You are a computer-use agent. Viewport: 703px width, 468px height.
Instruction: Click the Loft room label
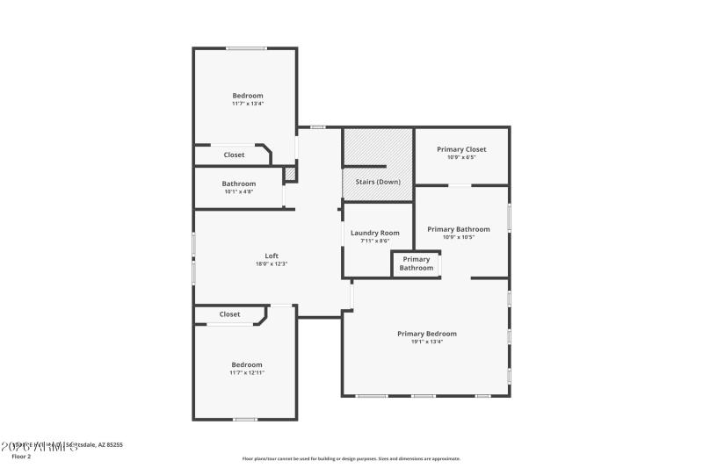pos(272,256)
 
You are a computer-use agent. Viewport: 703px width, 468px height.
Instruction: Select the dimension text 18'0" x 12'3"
pos(272,263)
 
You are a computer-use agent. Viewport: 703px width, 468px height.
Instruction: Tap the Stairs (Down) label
pos(377,182)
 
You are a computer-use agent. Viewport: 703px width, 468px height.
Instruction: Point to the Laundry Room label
pos(374,233)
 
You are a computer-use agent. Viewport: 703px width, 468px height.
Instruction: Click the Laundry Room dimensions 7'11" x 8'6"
pos(374,241)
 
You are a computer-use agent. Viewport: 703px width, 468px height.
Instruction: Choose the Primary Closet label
pos(461,149)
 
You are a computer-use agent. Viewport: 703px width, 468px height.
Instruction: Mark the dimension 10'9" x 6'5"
pos(461,157)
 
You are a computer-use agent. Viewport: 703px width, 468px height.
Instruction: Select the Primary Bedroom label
pos(427,334)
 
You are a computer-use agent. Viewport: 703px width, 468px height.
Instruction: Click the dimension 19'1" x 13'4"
pos(427,342)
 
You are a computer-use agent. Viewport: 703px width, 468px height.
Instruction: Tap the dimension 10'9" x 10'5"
pos(459,237)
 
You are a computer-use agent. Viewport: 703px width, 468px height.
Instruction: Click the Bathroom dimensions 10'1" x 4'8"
pos(239,191)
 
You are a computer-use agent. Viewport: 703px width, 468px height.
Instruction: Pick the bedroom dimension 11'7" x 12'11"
pos(247,372)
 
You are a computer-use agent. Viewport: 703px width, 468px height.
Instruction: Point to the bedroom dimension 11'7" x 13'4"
pos(248,104)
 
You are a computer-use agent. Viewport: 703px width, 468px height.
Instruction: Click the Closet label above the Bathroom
pos(234,155)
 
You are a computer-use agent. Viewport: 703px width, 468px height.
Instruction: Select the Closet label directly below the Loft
pos(229,314)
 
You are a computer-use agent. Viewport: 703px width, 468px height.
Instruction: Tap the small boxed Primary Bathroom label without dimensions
pos(417,263)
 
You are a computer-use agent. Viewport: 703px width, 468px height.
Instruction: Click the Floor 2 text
pos(20,457)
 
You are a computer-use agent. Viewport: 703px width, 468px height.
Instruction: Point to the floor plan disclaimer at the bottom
pos(351,458)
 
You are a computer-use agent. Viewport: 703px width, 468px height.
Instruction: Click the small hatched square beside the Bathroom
pos(290,174)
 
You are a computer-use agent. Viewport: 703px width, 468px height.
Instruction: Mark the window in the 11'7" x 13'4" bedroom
pos(246,47)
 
